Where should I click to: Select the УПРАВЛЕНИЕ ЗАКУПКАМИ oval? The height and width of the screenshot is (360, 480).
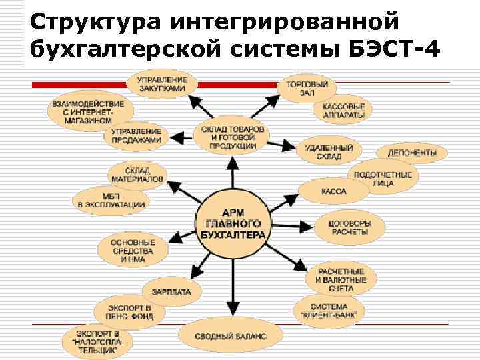point(162,84)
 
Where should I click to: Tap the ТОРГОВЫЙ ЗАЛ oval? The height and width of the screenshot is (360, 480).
point(306,89)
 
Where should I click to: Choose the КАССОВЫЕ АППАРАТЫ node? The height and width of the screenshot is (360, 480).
point(343,111)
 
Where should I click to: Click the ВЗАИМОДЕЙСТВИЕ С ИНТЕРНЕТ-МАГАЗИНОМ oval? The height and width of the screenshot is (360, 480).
point(85,111)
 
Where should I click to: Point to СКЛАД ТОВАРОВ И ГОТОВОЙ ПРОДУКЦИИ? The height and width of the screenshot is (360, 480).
point(232,136)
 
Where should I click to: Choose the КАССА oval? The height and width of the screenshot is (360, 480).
point(333,191)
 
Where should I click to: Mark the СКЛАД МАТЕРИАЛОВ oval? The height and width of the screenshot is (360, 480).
point(137,175)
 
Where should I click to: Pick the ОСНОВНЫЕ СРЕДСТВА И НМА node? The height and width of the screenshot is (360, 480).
point(133,251)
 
